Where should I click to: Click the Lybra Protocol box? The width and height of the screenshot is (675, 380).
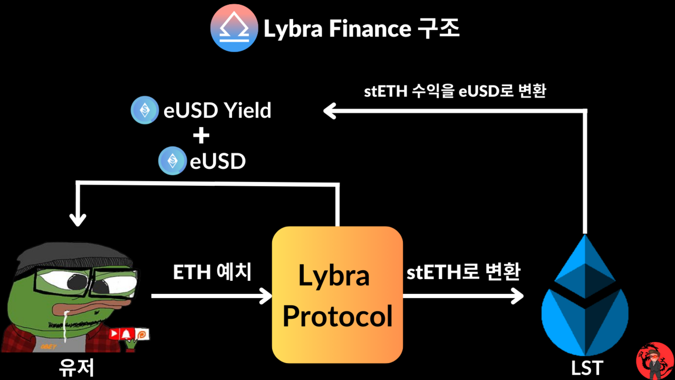[337, 294]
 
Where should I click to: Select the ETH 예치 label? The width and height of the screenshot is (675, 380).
[213, 272]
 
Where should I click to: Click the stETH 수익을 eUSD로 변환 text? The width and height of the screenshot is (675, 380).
[455, 91]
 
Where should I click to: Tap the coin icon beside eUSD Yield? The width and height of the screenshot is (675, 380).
[144, 110]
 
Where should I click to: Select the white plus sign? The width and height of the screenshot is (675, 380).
[201, 136]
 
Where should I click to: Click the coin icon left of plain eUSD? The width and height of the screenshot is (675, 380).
[172, 161]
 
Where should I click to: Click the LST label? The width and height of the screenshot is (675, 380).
[586, 368]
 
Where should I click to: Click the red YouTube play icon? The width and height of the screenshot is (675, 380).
[114, 334]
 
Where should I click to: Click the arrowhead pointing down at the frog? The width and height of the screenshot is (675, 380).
[78, 218]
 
